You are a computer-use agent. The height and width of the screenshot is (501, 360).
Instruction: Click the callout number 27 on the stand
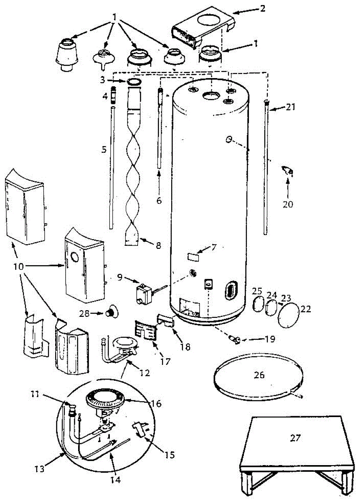tap(295, 438)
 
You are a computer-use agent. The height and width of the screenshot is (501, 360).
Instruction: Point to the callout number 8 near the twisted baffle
tap(158, 245)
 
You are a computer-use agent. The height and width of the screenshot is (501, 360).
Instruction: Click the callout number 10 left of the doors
tap(18, 266)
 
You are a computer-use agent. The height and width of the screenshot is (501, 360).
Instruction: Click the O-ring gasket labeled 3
tap(134, 82)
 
